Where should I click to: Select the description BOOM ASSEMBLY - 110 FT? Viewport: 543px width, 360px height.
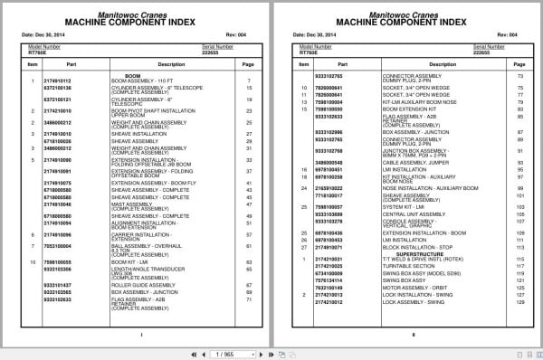click(144, 81)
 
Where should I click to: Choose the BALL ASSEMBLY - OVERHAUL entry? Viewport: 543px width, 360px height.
click(144, 245)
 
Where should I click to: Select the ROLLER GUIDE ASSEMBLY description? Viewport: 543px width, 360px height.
click(145, 286)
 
